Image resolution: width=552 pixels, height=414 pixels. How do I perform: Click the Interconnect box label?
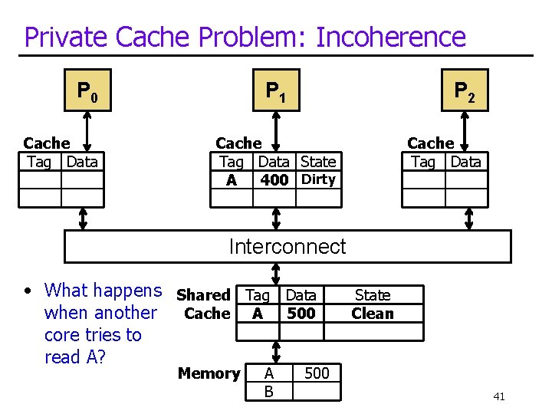pos(287,246)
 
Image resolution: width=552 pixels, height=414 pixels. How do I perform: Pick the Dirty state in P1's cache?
pos(318,179)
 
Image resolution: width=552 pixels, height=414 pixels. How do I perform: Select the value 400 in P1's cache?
pos(274,180)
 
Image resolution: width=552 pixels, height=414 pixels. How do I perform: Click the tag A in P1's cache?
pos(231,181)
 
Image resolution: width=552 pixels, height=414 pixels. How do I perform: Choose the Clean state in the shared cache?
pos(372,313)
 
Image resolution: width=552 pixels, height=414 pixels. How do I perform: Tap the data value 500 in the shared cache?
pos(301,313)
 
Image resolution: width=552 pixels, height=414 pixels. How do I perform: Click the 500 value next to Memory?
pos(317,373)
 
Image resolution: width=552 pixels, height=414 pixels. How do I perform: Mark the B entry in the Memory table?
pos(268,392)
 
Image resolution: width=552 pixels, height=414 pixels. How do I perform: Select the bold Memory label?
pos(209,373)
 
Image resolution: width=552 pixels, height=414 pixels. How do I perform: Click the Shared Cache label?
pos(204,304)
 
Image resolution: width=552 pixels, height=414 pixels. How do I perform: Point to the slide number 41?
pos(498,396)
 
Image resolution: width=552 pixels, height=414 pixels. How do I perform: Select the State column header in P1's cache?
pos(318,162)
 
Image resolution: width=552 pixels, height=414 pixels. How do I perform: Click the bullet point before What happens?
pos(27,291)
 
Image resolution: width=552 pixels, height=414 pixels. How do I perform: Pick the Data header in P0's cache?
pos(82,162)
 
